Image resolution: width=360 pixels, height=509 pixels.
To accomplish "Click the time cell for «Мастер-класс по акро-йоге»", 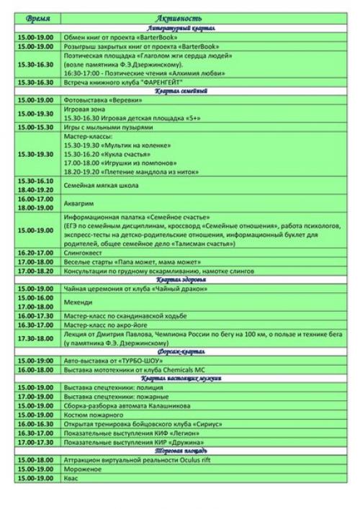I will coord(37,325).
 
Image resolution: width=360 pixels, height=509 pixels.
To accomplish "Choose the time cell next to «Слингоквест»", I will coord(37,253).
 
